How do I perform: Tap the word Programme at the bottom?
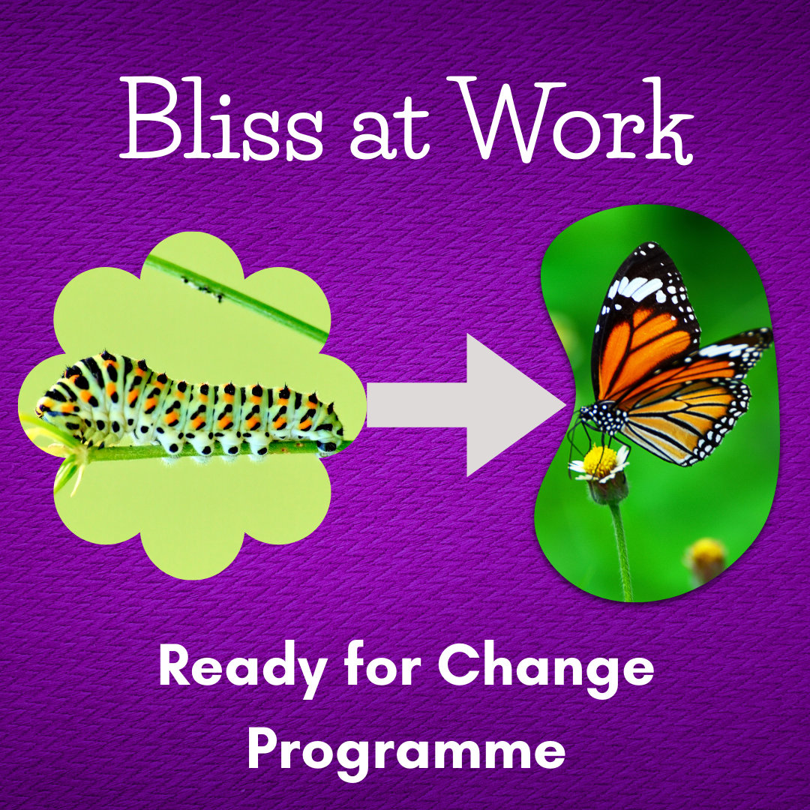(x=406, y=754)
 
